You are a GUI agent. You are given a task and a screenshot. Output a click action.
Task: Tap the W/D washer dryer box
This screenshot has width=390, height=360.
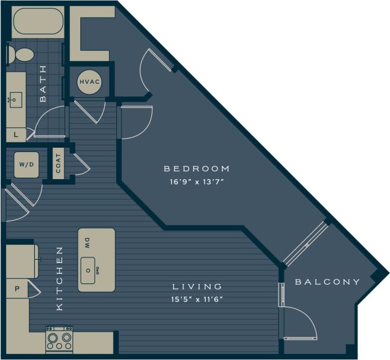[25, 164]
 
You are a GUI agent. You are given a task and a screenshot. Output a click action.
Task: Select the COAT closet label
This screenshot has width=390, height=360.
[58, 163]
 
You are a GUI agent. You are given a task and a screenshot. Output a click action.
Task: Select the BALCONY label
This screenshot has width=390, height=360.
[327, 282]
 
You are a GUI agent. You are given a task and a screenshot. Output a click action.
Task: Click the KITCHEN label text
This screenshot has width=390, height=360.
[59, 278]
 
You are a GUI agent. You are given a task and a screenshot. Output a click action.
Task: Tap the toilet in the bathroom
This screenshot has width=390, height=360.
[22, 55]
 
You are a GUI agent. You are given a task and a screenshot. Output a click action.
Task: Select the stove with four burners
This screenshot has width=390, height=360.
[60, 339]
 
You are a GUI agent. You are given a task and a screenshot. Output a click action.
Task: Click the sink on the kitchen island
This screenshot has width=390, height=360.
[91, 270]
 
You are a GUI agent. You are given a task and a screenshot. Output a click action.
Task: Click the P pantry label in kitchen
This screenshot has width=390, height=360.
[17, 289]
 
